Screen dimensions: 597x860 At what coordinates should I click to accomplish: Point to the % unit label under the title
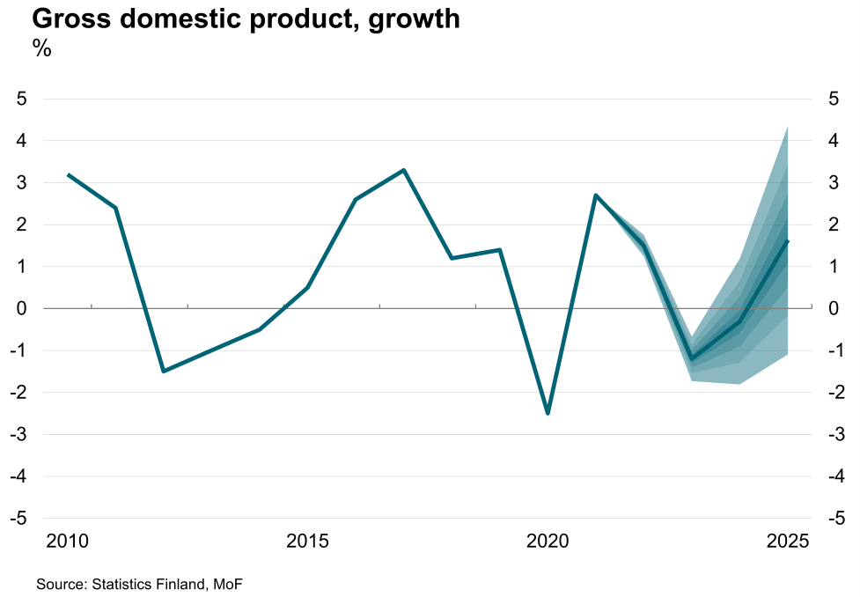[42, 49]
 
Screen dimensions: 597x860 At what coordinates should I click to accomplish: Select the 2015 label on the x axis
[308, 539]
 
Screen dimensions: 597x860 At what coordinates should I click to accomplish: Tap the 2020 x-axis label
[548, 539]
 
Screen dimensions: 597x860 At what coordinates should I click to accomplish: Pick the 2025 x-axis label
[787, 539]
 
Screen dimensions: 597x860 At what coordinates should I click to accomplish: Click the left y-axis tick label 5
[22, 99]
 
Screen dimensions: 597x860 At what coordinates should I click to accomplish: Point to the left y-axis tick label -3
[19, 434]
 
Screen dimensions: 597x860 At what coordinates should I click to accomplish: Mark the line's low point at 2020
[548, 413]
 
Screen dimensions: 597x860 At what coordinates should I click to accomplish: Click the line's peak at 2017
[403, 170]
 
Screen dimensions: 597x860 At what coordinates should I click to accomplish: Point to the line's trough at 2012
[164, 371]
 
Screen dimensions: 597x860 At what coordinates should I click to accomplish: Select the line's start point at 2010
[69, 175]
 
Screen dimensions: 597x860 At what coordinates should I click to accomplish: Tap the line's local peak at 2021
[596, 195]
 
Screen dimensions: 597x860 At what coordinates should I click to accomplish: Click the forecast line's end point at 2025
[787, 241]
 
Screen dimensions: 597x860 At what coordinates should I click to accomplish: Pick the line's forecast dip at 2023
[692, 358]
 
